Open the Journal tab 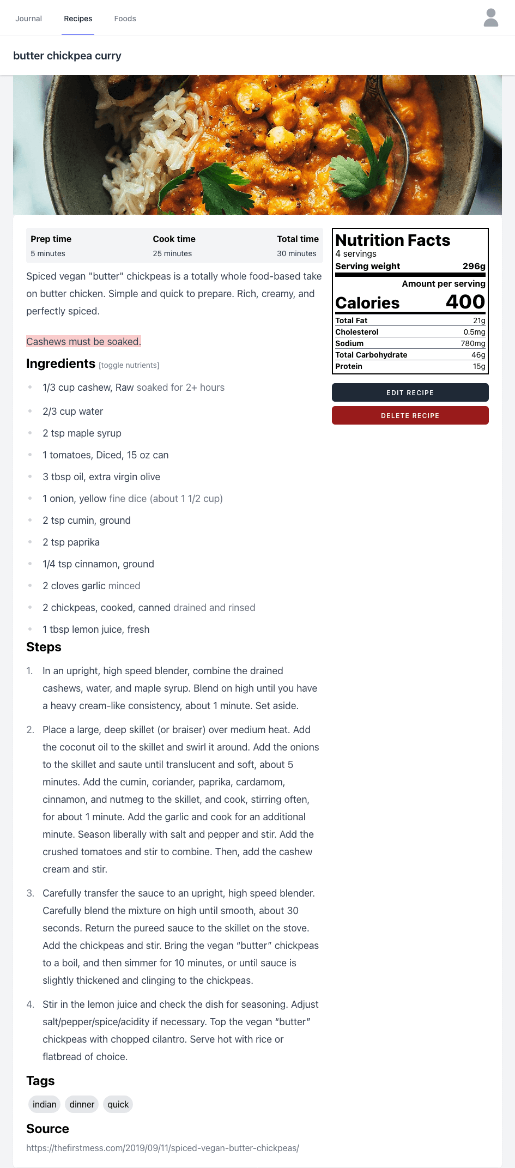coord(28,19)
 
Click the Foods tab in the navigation coord(125,19)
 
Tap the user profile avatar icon coord(490,17)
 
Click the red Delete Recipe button coord(410,415)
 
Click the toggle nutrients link coord(129,365)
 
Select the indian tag coord(44,1104)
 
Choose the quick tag coord(118,1104)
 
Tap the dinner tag coord(82,1104)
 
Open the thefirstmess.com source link coord(162,1148)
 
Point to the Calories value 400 coord(465,302)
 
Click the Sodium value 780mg coord(472,343)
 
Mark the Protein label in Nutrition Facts coord(349,366)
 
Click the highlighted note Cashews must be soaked coord(83,342)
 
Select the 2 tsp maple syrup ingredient coord(82,433)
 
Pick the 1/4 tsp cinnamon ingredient coord(98,564)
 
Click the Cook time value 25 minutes coord(172,253)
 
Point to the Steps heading coord(44,647)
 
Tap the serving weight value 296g coord(474,266)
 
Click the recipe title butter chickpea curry coord(67,56)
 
